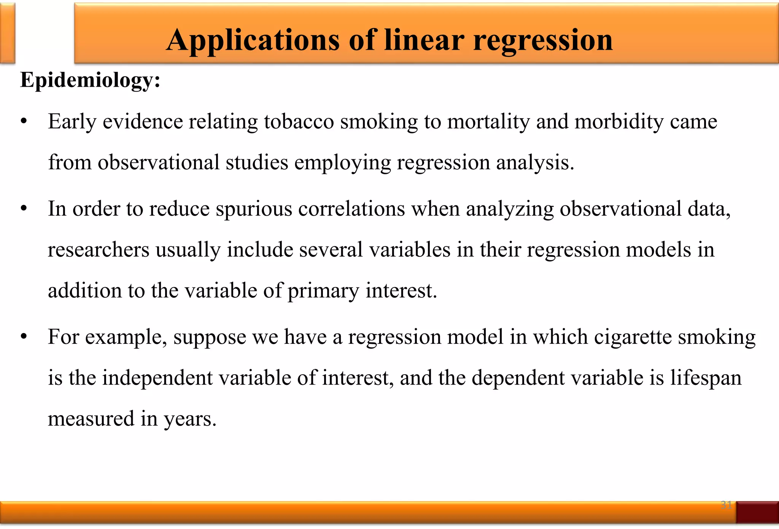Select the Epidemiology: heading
coord(90,81)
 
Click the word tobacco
coord(299,122)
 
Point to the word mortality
coord(488,122)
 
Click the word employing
coord(342,163)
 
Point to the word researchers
coord(99,250)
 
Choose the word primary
coord(323,291)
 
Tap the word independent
coord(157,378)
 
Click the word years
coord(190,419)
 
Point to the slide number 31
coord(726,505)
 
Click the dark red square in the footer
coord(757,512)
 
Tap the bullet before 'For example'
coord(24,337)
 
